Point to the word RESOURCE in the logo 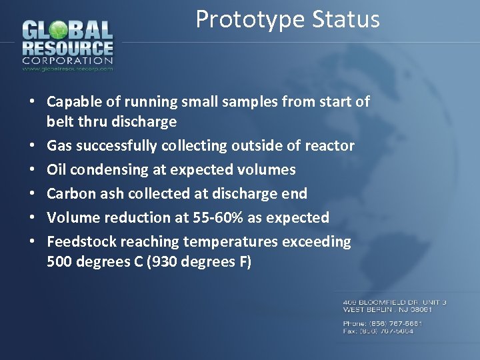[67, 48]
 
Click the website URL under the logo [67, 68]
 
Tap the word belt [59, 121]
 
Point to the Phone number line [383, 323]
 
